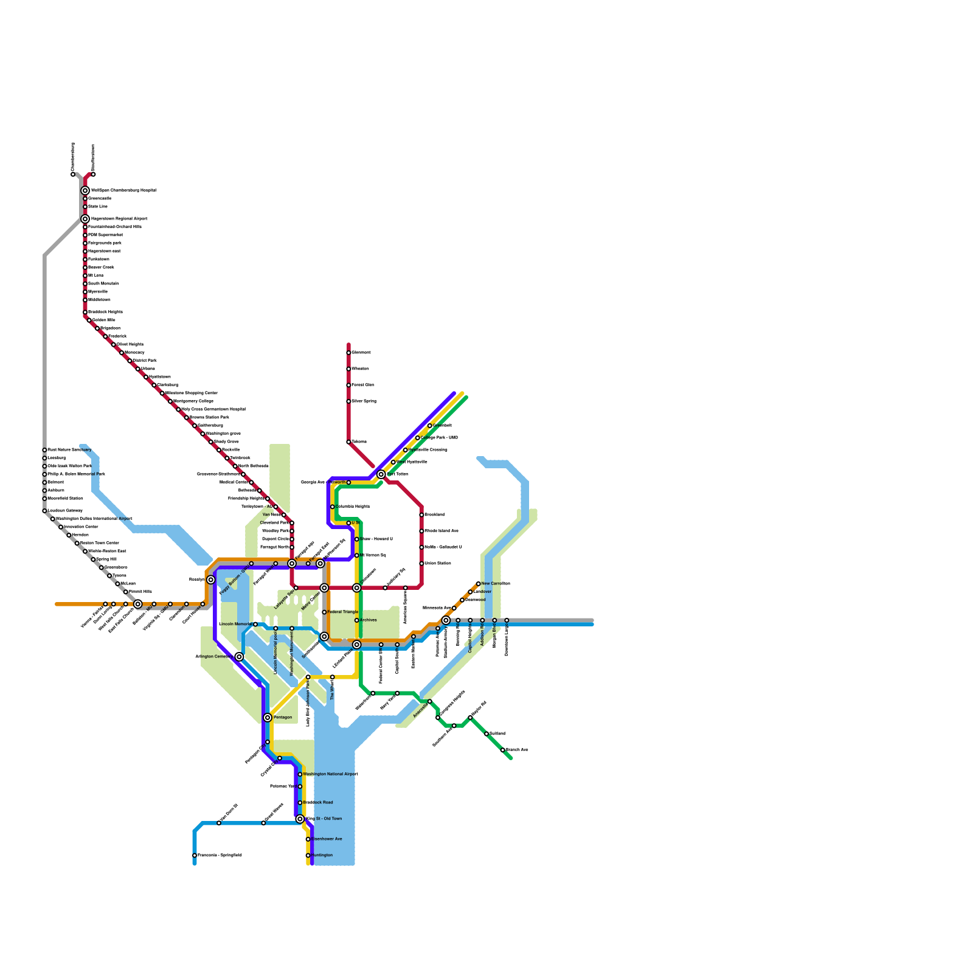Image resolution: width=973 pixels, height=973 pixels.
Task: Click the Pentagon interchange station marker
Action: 268,718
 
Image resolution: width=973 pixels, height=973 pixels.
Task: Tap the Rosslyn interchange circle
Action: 210,580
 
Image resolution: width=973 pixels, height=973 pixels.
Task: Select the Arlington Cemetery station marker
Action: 240,657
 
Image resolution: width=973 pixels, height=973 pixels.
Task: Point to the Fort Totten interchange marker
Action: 381,474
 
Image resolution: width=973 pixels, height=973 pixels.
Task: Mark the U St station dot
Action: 348,523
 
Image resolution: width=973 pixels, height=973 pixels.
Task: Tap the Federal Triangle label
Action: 343,612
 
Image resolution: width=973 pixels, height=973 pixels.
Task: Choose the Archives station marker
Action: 357,620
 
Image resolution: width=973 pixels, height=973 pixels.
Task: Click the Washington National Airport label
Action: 330,774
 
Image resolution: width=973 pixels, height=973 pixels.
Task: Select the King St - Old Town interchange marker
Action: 300,819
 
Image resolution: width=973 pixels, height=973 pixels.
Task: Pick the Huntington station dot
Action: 308,856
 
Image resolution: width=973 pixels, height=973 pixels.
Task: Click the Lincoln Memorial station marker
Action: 255,625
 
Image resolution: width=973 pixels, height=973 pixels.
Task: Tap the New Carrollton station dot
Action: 479,584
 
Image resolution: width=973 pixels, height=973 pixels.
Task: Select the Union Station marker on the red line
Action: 421,564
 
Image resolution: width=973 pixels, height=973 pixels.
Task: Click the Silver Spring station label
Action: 364,401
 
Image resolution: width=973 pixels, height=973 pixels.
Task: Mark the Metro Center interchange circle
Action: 325,588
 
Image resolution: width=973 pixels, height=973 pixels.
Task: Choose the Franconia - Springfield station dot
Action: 195,856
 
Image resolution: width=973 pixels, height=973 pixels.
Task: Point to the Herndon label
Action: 80,535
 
